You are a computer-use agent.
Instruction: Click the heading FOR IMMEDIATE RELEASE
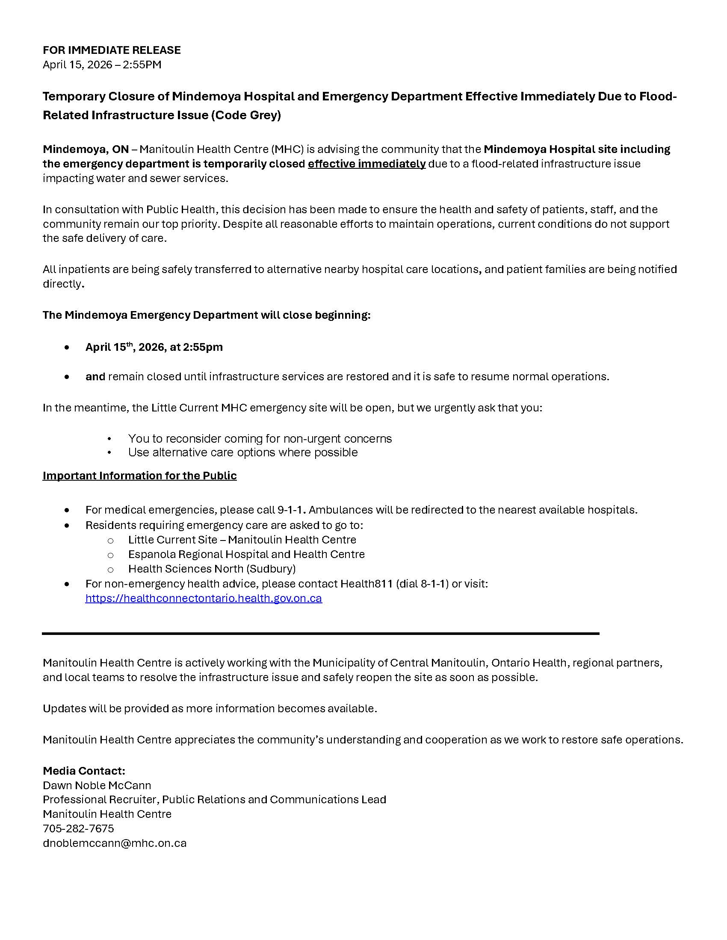[112, 50]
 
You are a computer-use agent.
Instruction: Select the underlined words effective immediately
[366, 164]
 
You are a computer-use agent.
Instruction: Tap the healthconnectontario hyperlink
[203, 598]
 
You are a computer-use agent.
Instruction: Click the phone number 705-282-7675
[78, 828]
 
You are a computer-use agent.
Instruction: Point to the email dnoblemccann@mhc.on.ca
[114, 843]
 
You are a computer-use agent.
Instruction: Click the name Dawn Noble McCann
[97, 785]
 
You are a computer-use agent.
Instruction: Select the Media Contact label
[83, 770]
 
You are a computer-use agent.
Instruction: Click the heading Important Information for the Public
[139, 476]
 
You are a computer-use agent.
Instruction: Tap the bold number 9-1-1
[291, 510]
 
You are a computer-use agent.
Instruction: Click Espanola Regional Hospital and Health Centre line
[246, 554]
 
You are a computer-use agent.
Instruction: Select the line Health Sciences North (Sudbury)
[211, 569]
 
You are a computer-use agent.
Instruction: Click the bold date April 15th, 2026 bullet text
[154, 347]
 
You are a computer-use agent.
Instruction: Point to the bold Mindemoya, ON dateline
[85, 150]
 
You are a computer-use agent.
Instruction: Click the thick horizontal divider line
[320, 634]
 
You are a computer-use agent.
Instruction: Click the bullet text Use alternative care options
[242, 452]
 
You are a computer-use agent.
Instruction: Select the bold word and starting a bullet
[95, 376]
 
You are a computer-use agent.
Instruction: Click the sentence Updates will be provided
[210, 708]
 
